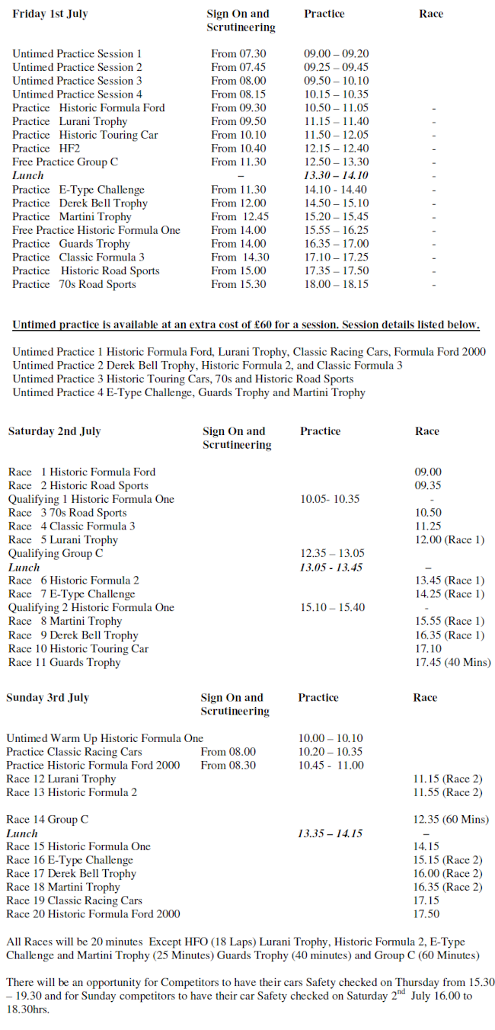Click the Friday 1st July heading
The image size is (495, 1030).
tap(49, 14)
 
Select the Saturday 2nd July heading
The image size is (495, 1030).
tap(54, 431)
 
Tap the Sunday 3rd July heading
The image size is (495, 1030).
tap(47, 697)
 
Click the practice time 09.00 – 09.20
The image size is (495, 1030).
tap(336, 54)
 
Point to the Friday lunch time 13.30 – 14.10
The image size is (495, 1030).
tap(336, 176)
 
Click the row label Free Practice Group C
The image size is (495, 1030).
tap(65, 162)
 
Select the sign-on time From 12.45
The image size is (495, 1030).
tap(240, 217)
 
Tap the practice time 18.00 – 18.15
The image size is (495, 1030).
tap(336, 284)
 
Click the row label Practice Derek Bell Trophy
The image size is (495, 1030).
tap(80, 203)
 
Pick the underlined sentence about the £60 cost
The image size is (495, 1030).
tap(246, 325)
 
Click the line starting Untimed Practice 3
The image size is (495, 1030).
tap(183, 379)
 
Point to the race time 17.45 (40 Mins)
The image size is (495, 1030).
tap(452, 663)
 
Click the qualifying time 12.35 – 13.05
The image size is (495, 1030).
tap(332, 554)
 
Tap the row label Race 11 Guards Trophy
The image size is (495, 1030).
tap(65, 663)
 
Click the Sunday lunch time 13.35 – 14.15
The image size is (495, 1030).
tap(330, 833)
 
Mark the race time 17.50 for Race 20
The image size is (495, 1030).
tap(426, 914)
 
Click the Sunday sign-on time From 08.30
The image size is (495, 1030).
tap(228, 766)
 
